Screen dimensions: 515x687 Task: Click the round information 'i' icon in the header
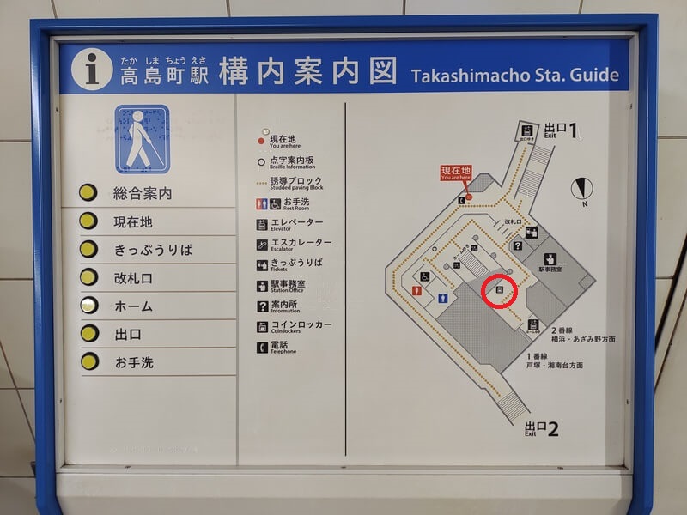coord(93,70)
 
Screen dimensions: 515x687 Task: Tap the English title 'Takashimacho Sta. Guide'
coord(515,75)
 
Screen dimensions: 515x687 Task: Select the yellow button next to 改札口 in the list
coord(88,277)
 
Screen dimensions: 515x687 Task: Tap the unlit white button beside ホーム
coord(88,305)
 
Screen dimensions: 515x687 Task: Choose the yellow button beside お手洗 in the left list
coord(88,361)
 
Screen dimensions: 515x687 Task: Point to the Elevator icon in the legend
coord(262,225)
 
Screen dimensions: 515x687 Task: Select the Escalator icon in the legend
coord(262,245)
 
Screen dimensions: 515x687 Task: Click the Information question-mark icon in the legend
coord(262,306)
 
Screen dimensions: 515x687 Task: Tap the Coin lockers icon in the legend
coord(262,327)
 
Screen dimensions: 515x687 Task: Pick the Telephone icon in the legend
coord(262,348)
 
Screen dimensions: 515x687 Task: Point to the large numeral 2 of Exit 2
coord(553,428)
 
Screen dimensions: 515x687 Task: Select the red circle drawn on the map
coord(499,290)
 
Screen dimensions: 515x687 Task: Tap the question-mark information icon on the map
coord(518,246)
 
